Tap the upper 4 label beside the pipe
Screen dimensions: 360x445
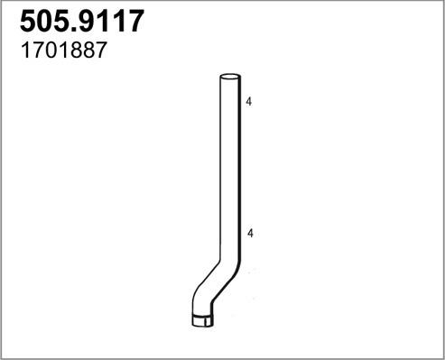point(247,104)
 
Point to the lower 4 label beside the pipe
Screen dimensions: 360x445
point(247,234)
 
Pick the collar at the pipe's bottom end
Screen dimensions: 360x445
point(203,318)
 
